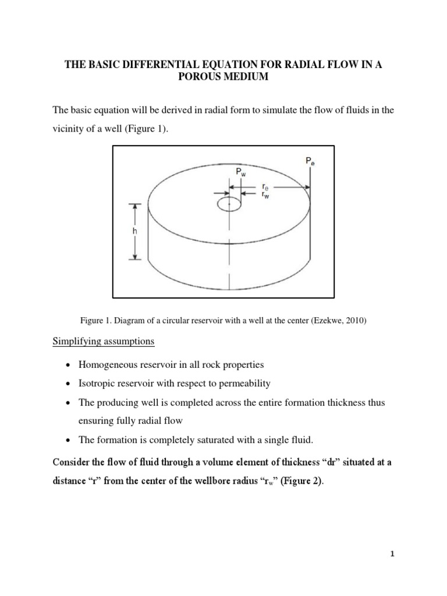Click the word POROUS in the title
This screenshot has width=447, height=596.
pos(204,77)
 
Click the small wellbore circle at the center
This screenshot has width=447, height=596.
pos(230,204)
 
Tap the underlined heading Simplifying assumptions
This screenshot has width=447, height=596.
pos(104,342)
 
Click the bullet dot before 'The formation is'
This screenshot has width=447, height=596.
pos(69,441)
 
